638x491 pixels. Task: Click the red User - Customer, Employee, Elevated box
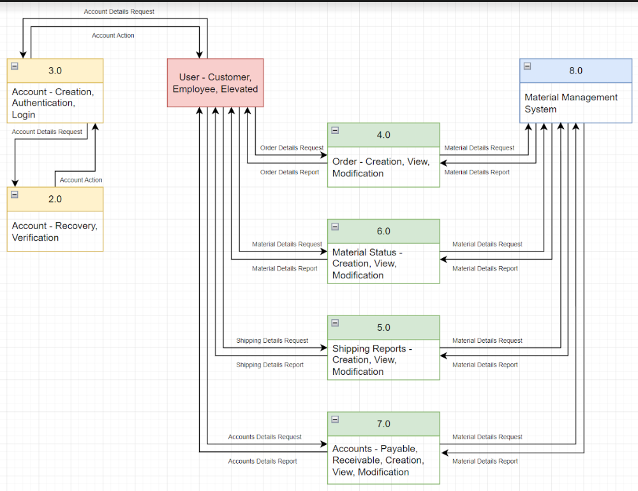point(215,83)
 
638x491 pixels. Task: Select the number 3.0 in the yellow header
point(55,71)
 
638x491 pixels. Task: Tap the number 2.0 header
point(55,199)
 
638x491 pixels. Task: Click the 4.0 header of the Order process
point(383,135)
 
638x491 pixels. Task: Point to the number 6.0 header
point(383,231)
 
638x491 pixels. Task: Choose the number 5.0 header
point(383,328)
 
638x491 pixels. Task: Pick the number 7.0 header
point(383,424)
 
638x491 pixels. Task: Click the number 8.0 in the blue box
point(575,71)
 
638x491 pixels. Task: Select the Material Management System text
point(571,103)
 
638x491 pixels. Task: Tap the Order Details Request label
point(292,148)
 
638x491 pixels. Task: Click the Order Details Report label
point(290,172)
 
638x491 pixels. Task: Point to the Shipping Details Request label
point(272,341)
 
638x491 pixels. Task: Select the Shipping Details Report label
point(270,365)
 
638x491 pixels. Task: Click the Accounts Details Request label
point(265,437)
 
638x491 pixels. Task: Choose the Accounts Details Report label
point(262,462)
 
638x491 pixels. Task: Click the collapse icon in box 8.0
point(527,66)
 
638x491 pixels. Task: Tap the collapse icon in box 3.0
point(15,66)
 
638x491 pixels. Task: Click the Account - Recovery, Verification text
point(54,232)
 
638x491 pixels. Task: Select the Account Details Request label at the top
point(119,12)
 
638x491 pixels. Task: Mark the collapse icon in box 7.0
point(335,419)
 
